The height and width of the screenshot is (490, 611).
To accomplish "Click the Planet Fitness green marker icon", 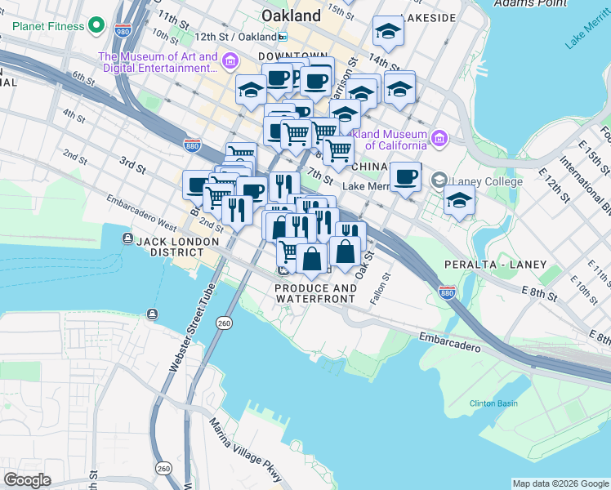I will [x=96, y=26].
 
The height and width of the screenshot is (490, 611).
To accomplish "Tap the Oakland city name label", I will [x=291, y=16].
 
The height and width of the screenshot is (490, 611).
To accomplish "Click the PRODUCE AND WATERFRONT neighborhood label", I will [x=315, y=294].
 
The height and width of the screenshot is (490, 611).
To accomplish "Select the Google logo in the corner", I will [x=28, y=480].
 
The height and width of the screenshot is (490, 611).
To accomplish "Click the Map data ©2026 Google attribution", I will [x=560, y=483].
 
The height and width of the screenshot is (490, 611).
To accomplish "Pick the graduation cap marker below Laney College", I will [x=460, y=198].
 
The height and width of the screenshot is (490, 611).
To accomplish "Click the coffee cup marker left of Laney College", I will [x=404, y=177].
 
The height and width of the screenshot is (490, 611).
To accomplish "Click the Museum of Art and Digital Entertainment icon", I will [x=231, y=62].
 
